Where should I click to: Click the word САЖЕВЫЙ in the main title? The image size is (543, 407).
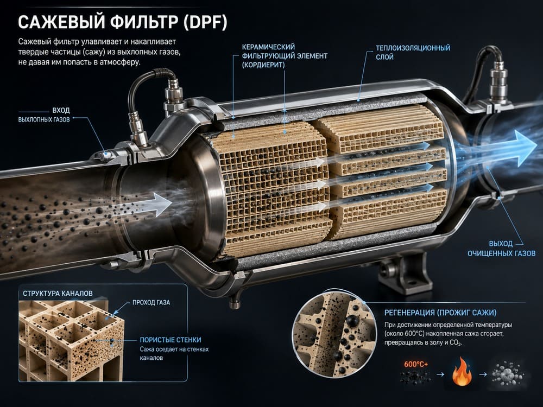61,22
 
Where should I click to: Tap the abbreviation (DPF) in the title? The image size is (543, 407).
205,22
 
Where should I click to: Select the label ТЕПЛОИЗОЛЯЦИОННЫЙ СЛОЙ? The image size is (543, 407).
413,52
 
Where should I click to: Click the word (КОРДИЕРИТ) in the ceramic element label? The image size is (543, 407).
263,65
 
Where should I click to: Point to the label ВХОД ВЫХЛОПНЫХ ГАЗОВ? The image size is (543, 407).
44,115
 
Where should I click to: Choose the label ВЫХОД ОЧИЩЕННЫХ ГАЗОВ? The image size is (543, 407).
501,249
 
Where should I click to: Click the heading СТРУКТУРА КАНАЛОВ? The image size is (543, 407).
58,294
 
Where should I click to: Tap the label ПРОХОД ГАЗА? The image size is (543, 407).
151,302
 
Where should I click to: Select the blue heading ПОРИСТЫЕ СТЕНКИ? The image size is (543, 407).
171,340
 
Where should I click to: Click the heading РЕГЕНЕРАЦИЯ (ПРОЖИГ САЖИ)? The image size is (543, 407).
440,313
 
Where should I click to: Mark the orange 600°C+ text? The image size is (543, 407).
416,364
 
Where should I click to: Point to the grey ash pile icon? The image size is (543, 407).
507,374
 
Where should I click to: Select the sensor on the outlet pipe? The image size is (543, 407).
497,84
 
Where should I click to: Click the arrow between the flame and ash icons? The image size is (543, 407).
483,374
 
